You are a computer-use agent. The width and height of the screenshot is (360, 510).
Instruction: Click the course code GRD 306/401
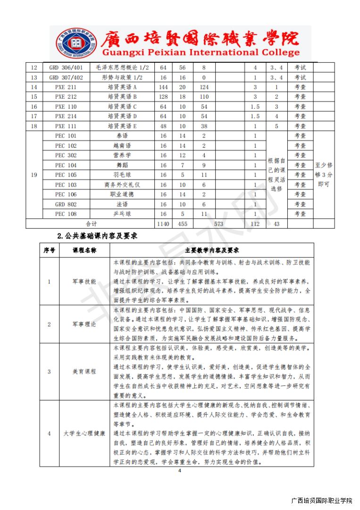[66, 68]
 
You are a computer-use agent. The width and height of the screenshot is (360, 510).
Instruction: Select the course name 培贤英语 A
[122, 87]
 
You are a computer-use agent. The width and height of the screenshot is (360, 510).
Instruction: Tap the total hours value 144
[163, 87]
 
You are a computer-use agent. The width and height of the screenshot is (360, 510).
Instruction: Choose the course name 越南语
[122, 145]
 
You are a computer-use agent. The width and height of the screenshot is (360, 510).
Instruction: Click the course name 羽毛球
[122, 175]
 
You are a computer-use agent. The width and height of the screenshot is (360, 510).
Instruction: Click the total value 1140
[163, 223]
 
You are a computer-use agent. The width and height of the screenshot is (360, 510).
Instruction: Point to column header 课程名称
[84, 250]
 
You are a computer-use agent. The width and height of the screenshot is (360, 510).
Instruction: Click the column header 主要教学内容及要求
[212, 250]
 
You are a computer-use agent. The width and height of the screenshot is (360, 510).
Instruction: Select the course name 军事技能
[84, 281]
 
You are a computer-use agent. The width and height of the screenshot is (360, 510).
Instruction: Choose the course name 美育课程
[84, 371]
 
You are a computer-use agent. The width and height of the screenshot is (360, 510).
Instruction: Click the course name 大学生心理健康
[84, 433]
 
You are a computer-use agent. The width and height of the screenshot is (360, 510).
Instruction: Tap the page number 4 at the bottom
[180, 471]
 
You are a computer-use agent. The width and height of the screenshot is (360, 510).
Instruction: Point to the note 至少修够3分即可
[324, 175]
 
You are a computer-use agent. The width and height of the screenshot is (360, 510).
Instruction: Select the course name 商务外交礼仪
[122, 185]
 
